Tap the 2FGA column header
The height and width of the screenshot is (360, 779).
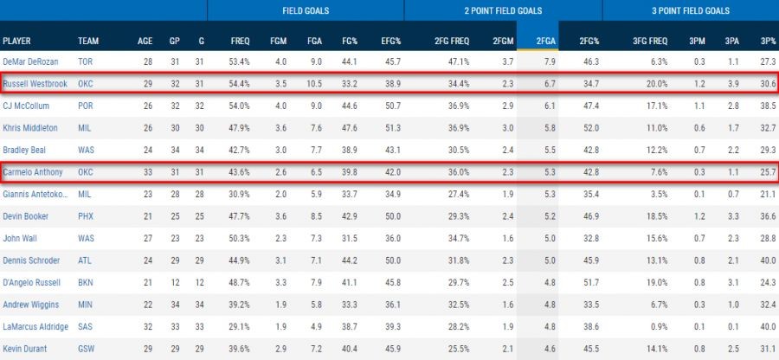coord(545,40)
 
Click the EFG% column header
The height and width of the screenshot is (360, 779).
coord(391,40)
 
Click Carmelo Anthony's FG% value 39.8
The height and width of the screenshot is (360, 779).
coord(349,172)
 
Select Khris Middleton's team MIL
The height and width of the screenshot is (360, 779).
coord(84,128)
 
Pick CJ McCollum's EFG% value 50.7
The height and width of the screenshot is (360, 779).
coord(392,106)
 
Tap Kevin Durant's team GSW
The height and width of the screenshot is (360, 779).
coord(86,348)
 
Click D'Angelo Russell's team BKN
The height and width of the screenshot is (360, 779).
coord(85,282)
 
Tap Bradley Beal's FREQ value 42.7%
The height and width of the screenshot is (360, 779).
coord(240,150)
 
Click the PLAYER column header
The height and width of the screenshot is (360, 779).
coord(17,40)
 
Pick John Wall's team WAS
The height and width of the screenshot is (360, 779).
coord(85,238)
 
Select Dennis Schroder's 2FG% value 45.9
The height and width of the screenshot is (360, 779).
coord(589,260)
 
